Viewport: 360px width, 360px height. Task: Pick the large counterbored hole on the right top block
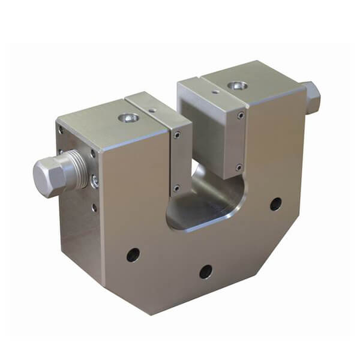point(236,86)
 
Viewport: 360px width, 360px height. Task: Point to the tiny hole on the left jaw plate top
point(152,110)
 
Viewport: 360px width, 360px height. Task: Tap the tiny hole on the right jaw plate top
point(215,92)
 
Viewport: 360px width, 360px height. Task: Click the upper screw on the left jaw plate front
point(176,136)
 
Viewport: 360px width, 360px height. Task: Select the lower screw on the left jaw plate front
point(176,188)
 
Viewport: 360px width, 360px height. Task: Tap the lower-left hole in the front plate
point(133,255)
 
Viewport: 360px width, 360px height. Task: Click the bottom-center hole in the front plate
point(206,271)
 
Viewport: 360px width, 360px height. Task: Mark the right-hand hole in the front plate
point(275,204)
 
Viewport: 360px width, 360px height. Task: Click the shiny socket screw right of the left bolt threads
point(95,181)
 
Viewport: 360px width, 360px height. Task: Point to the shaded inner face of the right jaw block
point(204,138)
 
